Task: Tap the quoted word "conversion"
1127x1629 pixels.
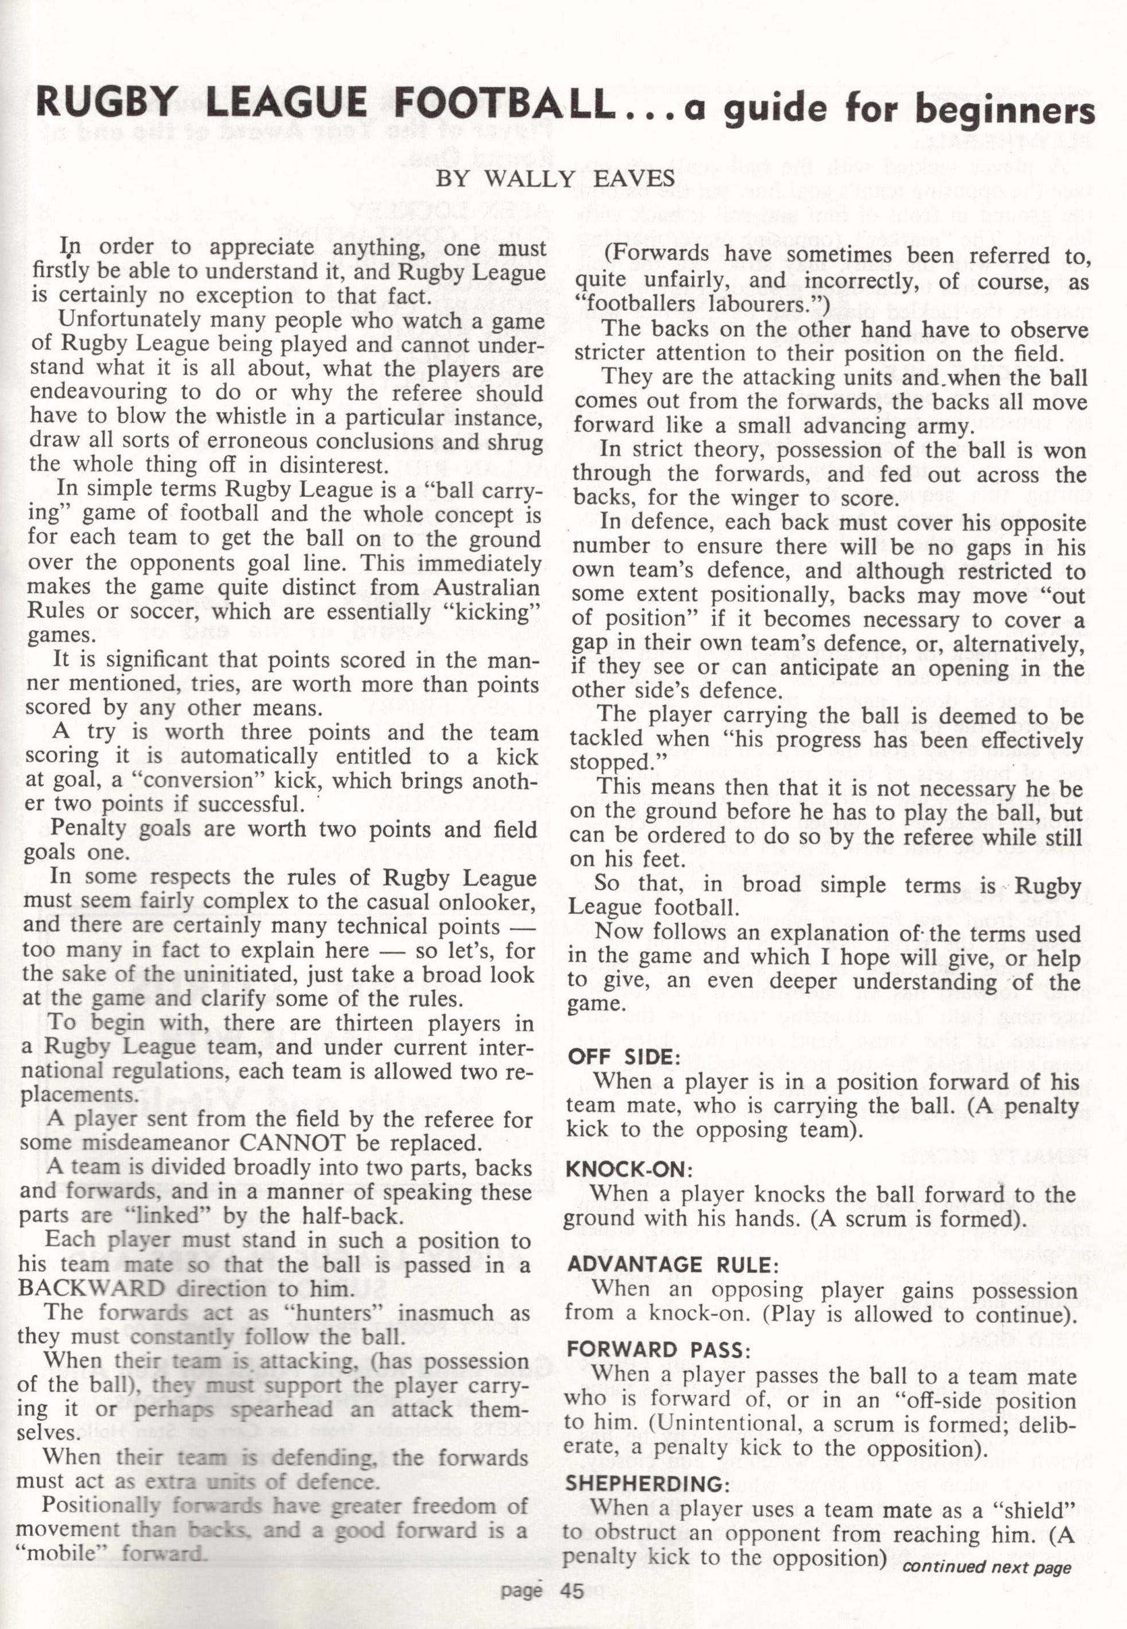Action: click(187, 781)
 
